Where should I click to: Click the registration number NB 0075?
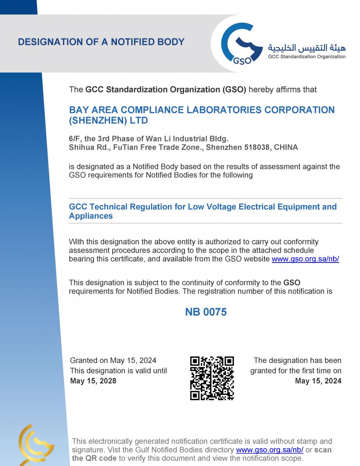[205, 312]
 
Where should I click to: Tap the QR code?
[212, 378]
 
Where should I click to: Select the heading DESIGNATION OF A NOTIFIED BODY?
[101, 42]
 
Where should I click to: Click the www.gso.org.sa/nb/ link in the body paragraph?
[305, 259]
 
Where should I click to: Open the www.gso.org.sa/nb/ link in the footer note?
[270, 450]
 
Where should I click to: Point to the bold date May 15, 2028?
[93, 381]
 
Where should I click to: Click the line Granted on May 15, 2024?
[113, 361]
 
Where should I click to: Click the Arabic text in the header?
[306, 48]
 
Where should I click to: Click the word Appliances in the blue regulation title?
[91, 216]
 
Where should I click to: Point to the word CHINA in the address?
[286, 148]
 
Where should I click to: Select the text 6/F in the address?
[74, 139]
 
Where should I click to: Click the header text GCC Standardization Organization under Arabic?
[306, 57]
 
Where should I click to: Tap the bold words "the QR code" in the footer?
[94, 458]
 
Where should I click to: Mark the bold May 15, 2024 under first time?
[318, 381]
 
